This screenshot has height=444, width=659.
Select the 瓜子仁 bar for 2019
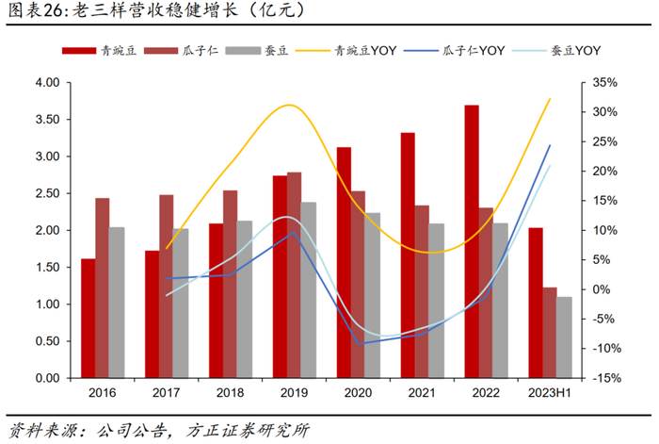pyautogui.click(x=295, y=275)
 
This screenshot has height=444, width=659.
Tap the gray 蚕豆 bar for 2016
pyautogui.click(x=117, y=303)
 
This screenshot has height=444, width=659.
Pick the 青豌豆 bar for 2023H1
pyautogui.click(x=536, y=303)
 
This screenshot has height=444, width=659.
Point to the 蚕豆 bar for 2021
pyautogui.click(x=437, y=301)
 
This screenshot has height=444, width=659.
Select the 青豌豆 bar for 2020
pyautogui.click(x=344, y=262)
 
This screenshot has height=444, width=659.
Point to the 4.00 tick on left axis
pyautogui.click(x=47, y=83)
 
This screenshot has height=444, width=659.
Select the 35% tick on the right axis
pyautogui.click(x=601, y=83)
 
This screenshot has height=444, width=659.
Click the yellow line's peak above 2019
pyautogui.click(x=292, y=105)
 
